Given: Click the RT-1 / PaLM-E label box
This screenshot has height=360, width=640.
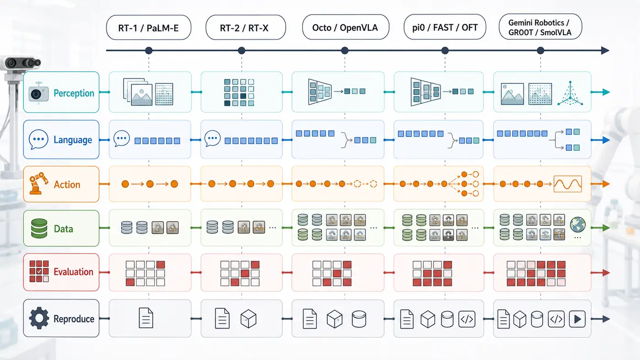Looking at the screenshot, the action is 149,27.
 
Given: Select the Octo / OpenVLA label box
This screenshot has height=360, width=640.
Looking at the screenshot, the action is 346,27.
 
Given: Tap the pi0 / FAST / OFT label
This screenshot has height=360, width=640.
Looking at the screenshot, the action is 444,27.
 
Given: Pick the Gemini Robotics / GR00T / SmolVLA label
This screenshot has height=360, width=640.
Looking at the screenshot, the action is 540,27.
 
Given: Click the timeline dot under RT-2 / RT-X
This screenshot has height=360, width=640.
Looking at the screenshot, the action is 241,51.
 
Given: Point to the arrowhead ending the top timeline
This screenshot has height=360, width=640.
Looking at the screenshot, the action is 605,51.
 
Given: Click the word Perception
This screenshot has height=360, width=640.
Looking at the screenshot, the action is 74,93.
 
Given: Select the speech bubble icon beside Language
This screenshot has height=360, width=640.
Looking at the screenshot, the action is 38,139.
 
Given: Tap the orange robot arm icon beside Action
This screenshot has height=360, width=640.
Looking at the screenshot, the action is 38,183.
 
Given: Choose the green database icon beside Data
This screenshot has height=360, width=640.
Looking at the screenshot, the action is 39,228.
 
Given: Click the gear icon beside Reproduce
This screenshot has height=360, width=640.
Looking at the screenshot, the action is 39,318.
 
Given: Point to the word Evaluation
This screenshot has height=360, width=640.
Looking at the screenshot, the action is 74,272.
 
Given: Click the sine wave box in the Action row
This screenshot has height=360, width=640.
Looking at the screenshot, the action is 567,184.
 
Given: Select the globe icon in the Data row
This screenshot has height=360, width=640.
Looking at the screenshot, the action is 577,224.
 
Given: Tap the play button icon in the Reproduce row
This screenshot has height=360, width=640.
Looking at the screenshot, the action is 577,319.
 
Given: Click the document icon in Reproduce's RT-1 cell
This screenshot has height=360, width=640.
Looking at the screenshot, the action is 146,318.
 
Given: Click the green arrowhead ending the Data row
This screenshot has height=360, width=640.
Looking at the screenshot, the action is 606,228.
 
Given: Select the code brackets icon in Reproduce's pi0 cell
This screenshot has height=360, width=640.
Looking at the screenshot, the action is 467,319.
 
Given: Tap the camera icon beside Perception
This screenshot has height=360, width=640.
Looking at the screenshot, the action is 38,94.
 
